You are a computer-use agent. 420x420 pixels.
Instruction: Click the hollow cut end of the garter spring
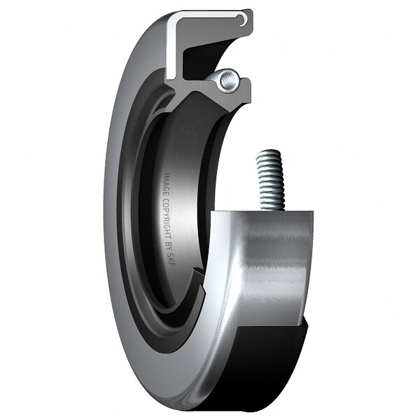coord(225,80)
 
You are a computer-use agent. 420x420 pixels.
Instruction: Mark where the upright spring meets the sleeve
coord(272,209)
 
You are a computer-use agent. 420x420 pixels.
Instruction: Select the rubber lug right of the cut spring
coord(244,85)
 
